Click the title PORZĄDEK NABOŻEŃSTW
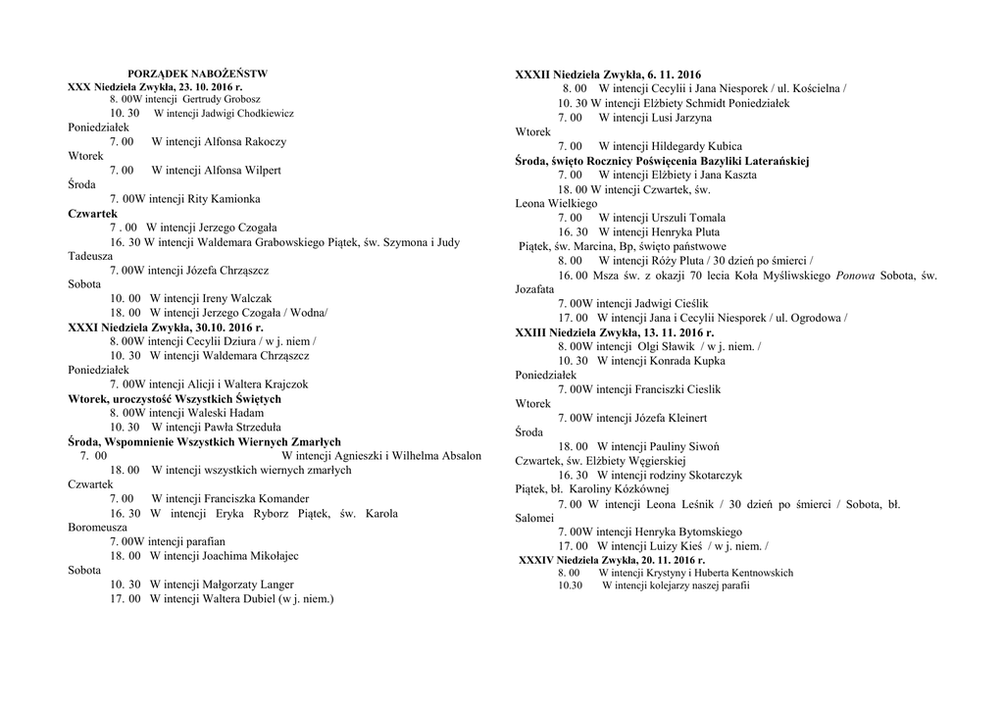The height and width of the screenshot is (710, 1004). [x=198, y=74]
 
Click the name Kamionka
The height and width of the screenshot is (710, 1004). [x=236, y=198]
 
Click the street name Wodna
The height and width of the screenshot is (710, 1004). [x=307, y=312]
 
